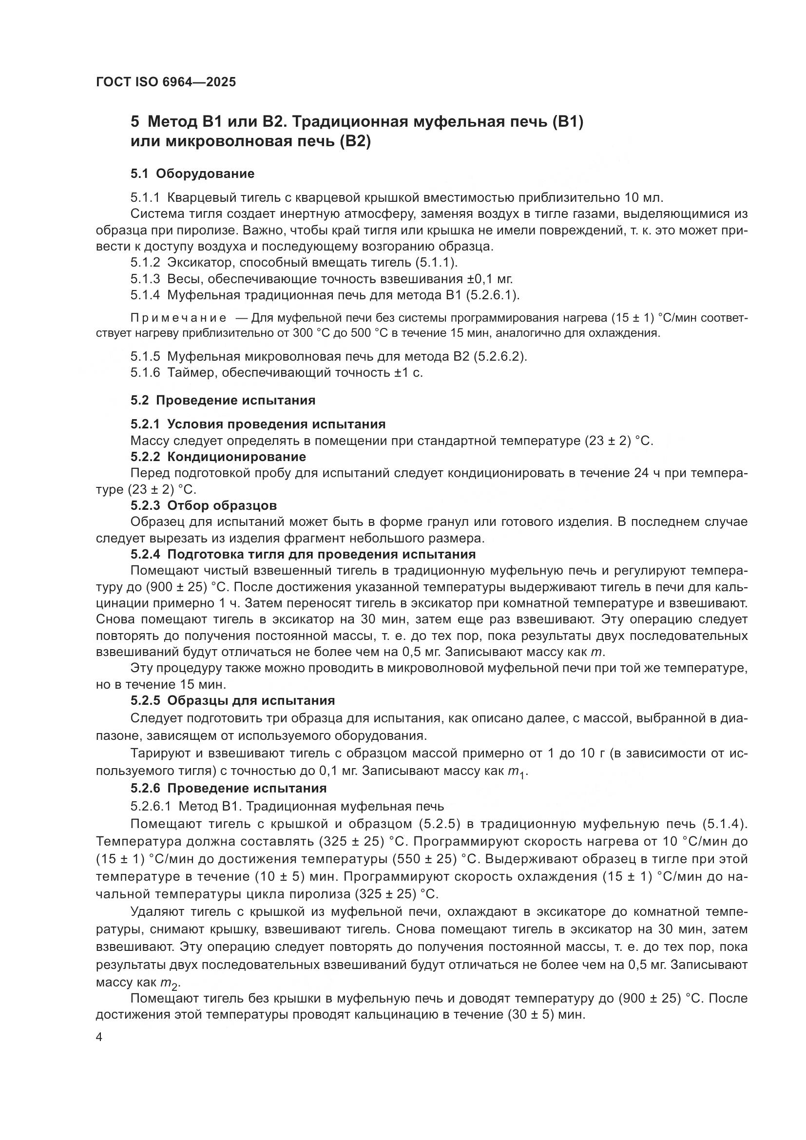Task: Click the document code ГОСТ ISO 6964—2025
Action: pyautogui.click(x=166, y=82)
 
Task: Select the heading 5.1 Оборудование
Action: pyautogui.click(x=192, y=174)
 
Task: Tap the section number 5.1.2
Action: pyautogui.click(x=145, y=262)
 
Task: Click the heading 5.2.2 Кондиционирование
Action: pyautogui.click(x=218, y=456)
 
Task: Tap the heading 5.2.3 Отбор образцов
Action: pyautogui.click(x=204, y=505)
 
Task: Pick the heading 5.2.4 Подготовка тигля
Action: pyautogui.click(x=303, y=554)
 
